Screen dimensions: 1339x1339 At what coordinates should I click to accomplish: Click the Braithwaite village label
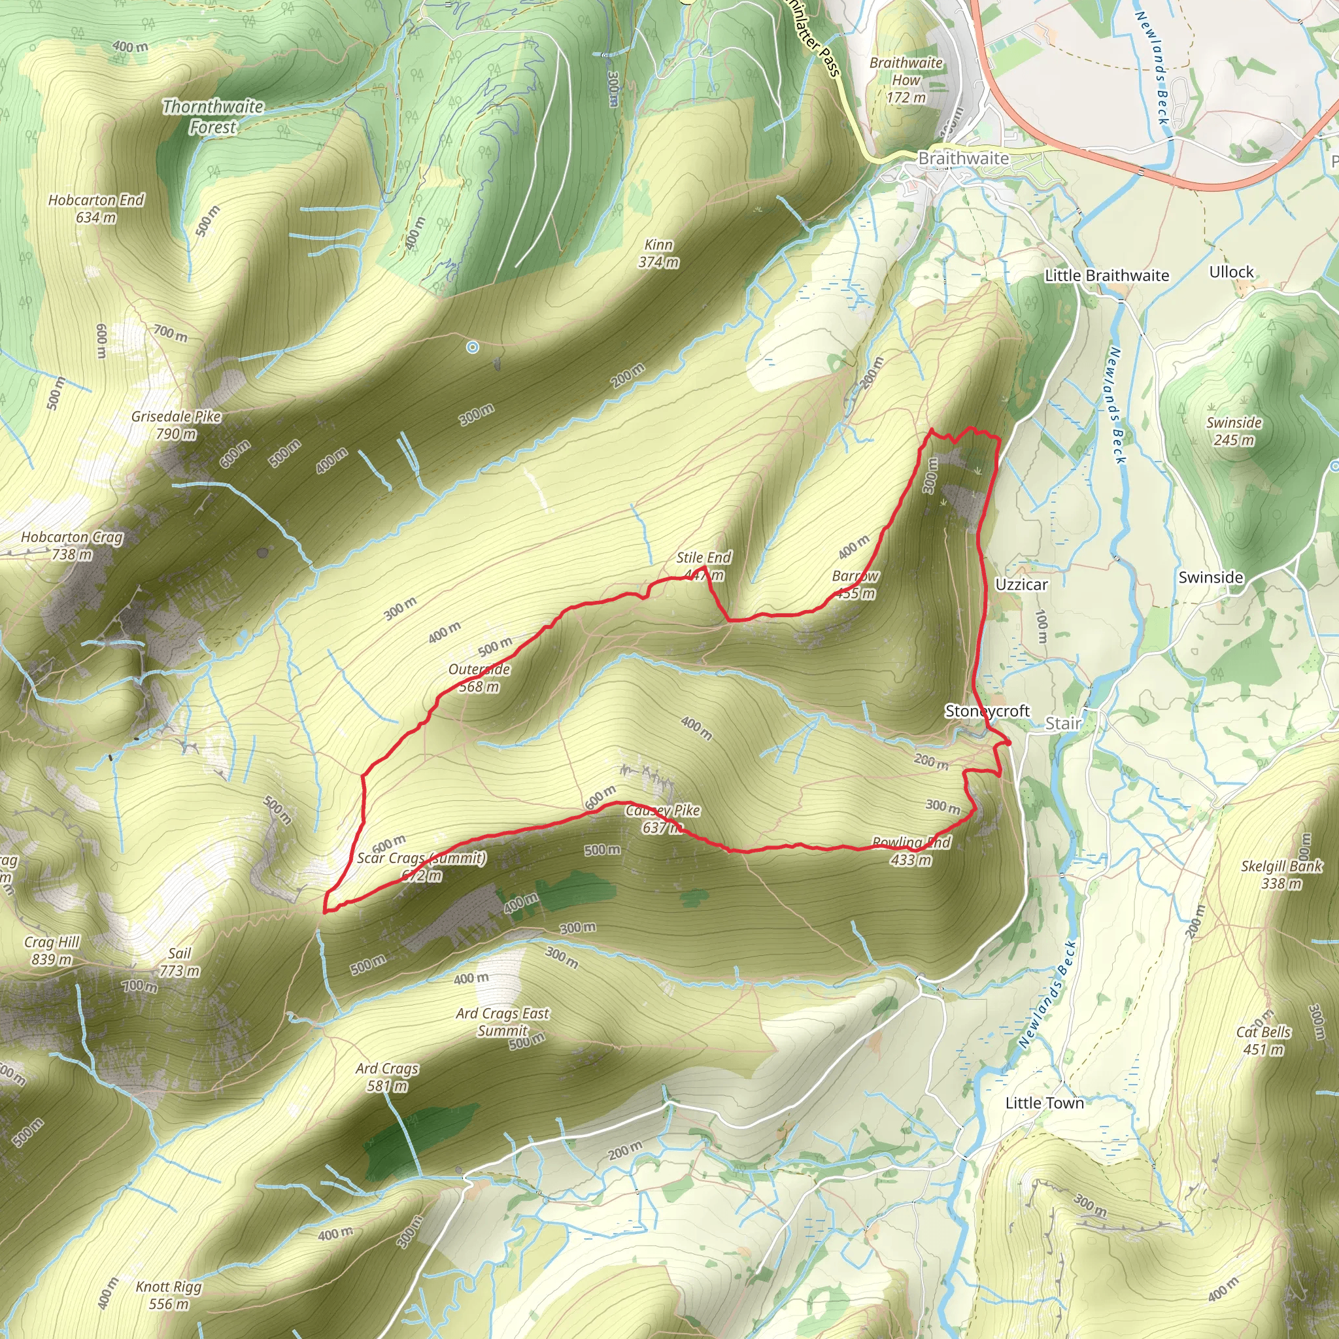point(963,159)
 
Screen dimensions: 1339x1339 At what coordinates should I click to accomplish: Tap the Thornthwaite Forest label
point(212,117)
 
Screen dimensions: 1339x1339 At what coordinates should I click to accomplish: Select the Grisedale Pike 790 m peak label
point(176,425)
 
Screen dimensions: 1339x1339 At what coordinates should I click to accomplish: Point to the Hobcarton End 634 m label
point(95,209)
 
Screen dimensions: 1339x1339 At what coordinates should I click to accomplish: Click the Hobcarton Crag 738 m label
point(71,545)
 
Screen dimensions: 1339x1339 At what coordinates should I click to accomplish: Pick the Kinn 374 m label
point(658,254)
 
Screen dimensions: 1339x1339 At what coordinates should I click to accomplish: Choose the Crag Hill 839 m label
point(52,950)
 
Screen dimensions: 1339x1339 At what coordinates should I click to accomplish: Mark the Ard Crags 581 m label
point(387,1077)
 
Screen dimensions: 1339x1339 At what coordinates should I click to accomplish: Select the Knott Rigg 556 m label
point(169,1295)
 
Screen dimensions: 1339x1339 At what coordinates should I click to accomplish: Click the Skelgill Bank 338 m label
point(1281,875)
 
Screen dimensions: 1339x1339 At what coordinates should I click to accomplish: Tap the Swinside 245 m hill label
point(1234,431)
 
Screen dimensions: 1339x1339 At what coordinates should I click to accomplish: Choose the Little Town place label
point(1044,1103)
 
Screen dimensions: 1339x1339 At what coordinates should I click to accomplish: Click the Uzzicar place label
point(1022,585)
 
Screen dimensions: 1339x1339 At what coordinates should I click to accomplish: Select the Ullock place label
point(1232,272)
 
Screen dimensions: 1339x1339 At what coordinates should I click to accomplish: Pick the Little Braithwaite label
point(1107,275)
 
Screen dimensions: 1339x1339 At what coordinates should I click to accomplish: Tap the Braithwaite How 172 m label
point(906,80)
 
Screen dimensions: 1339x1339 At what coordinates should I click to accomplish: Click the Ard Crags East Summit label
point(503,1022)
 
